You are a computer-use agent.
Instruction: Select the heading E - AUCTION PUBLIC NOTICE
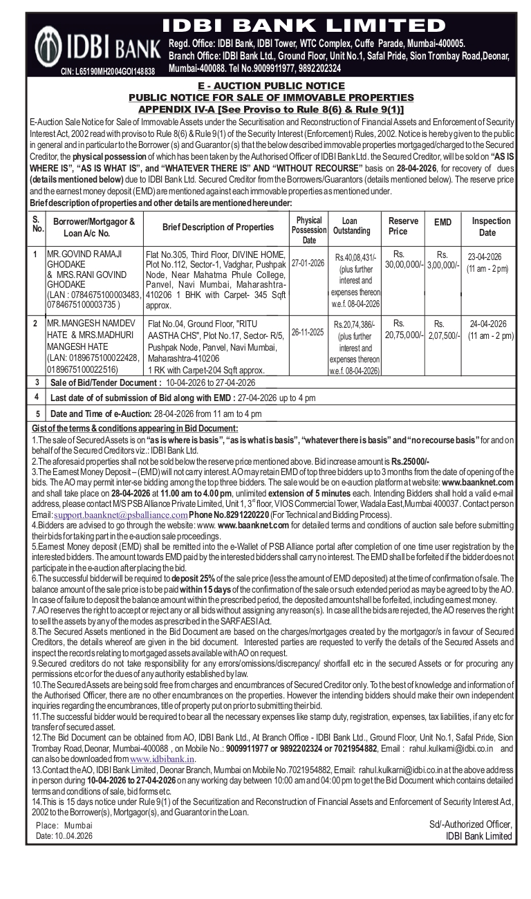tap(270, 86)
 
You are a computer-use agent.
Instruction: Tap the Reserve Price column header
tap(403, 226)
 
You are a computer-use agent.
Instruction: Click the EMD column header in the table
tap(442, 223)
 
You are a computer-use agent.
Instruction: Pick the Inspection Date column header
tap(491, 227)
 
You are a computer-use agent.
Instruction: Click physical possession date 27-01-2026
tap(308, 264)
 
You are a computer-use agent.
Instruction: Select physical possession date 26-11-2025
tap(308, 332)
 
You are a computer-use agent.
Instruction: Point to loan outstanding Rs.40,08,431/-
tap(355, 258)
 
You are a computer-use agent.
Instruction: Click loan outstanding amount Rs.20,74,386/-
tap(355, 324)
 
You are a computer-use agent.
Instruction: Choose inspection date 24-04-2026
tap(488, 324)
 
